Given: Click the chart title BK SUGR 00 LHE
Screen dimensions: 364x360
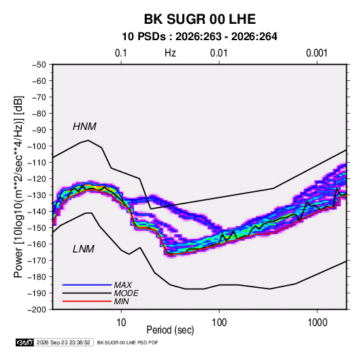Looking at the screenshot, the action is click(200, 19).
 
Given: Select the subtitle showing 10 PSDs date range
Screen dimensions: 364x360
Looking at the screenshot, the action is click(199, 37).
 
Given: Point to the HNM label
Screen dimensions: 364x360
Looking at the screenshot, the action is click(84, 127).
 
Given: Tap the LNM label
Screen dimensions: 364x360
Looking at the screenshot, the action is click(84, 249).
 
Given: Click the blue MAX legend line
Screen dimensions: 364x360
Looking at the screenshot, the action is click(87, 284).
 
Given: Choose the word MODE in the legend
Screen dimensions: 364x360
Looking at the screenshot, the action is click(126, 293).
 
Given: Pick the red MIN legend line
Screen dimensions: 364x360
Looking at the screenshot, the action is click(87, 301).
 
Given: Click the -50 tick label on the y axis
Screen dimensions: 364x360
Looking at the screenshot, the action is click(39, 65).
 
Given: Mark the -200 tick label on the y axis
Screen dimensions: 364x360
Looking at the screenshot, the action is click(37, 310).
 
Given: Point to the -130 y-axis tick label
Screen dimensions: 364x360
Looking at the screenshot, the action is click(37, 195).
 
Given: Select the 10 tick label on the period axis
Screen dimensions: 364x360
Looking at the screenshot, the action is click(121, 323).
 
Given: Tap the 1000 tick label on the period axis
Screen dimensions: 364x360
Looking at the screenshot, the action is click(317, 323).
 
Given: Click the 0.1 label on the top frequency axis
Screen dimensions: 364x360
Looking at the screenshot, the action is click(121, 53).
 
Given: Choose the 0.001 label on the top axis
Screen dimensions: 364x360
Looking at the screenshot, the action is click(316, 53).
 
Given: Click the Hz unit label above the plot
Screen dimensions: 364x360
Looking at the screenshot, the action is click(170, 53).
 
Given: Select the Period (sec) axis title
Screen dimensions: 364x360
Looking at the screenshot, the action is click(170, 330).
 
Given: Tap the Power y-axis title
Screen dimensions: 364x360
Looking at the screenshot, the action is click(18, 186).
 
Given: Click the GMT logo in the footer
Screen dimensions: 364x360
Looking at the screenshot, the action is click(25, 342).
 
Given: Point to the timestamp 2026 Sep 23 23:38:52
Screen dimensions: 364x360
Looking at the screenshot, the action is click(63, 342).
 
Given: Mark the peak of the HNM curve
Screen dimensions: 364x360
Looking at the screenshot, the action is click(88, 140).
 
